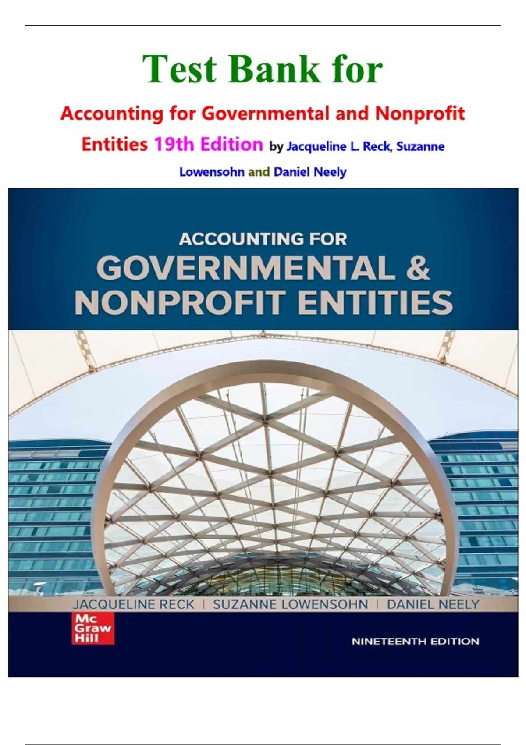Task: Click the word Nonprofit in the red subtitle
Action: (419, 114)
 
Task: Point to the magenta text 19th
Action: (174, 144)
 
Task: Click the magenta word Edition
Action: (231, 144)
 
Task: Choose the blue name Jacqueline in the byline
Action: (316, 147)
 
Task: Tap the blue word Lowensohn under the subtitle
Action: (212, 172)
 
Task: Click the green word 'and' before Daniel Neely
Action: (259, 172)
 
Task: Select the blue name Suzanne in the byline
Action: (420, 147)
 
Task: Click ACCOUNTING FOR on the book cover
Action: (263, 239)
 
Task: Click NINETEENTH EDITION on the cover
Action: (415, 642)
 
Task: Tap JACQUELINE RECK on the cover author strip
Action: (133, 605)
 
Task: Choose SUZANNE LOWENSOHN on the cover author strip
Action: (290, 605)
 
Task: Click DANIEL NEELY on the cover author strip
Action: (433, 605)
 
